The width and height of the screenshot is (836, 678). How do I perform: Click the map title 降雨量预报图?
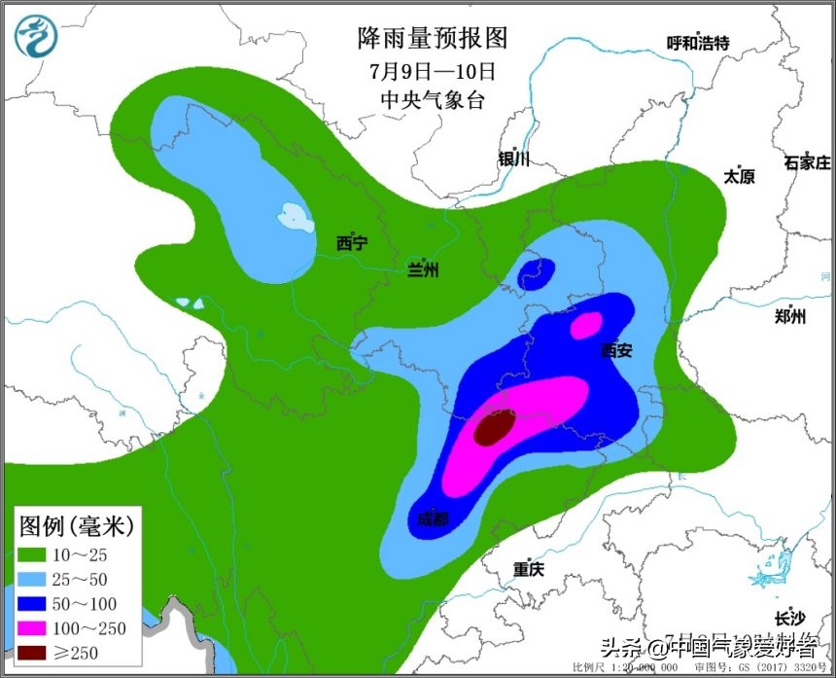[433, 38]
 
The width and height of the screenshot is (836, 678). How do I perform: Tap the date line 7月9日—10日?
[433, 71]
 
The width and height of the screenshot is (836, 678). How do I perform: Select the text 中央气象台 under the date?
[433, 100]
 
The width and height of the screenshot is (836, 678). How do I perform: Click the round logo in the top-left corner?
[37, 37]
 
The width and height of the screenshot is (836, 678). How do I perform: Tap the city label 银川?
[513, 159]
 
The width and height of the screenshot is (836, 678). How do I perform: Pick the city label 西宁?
[352, 242]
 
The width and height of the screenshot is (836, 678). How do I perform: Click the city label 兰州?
[422, 269]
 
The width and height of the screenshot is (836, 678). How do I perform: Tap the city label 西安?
[616, 350]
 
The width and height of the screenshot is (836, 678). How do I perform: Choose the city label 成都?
[434, 519]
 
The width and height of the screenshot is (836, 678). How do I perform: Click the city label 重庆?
[530, 570]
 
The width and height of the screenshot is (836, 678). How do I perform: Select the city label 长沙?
[789, 619]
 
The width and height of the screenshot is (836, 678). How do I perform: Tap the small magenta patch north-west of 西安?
[585, 324]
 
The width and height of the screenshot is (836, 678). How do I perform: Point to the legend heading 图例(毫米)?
[77, 526]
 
